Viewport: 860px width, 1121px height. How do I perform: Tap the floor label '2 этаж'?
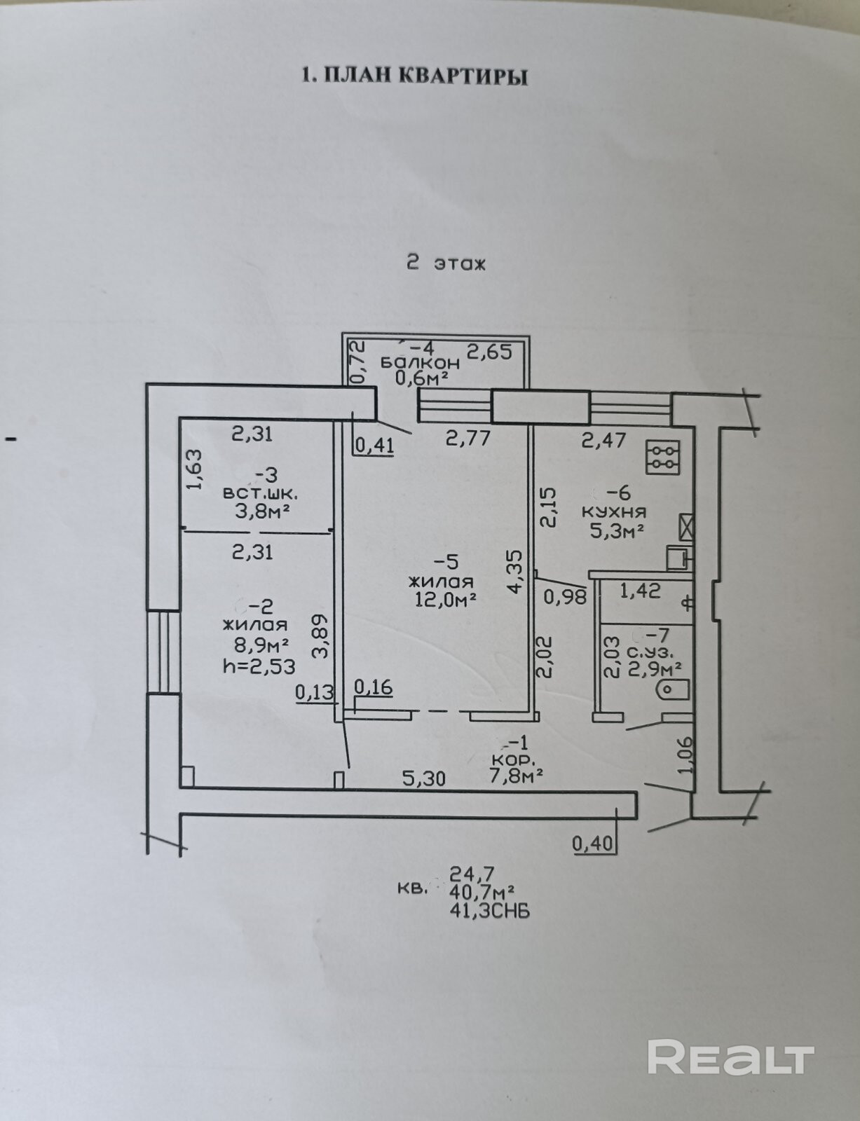click(x=446, y=263)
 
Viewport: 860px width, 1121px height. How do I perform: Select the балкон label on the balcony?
click(x=420, y=363)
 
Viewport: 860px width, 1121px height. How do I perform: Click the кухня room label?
click(x=614, y=511)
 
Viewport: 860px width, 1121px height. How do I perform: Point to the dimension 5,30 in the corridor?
click(x=423, y=778)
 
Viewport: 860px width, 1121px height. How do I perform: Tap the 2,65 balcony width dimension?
click(x=489, y=352)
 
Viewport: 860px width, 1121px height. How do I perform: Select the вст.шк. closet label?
click(x=255, y=493)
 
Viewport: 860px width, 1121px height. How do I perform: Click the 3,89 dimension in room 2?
click(x=320, y=635)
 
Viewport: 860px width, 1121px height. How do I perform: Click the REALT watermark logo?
click(x=730, y=1057)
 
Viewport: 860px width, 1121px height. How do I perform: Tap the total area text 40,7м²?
click(x=482, y=892)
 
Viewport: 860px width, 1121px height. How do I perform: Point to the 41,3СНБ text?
click(x=489, y=911)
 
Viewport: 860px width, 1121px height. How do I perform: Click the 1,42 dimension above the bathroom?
click(x=640, y=591)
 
